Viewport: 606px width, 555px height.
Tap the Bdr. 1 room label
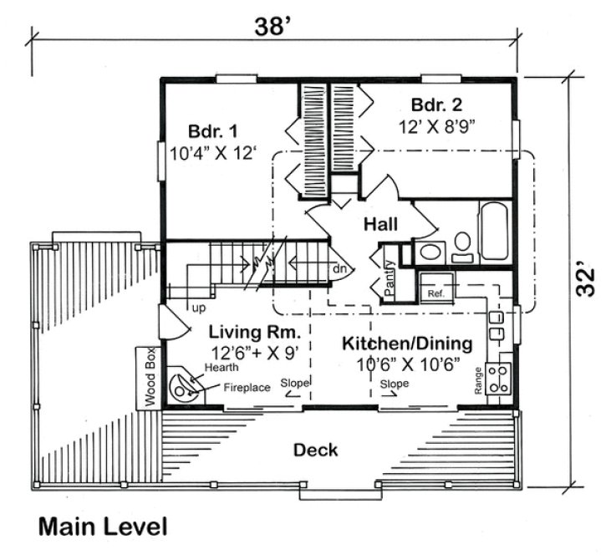(x=212, y=131)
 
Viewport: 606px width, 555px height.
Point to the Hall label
(x=380, y=223)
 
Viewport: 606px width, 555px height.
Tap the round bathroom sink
(x=431, y=252)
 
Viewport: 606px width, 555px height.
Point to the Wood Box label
(x=150, y=376)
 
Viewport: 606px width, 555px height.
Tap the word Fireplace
(x=247, y=388)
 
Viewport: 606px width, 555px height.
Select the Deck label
(x=315, y=451)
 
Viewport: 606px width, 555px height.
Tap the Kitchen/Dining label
(x=406, y=344)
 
